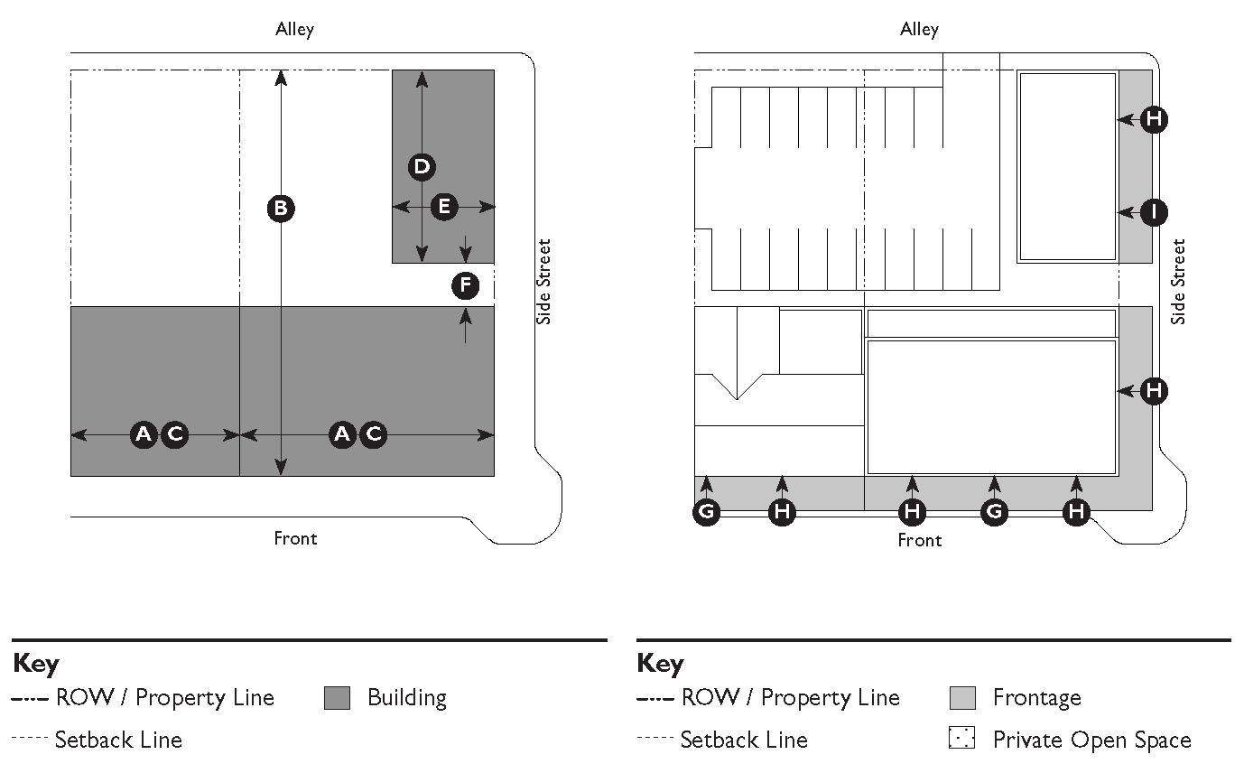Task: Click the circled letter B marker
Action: tap(281, 209)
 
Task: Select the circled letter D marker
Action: tap(422, 166)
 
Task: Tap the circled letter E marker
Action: tap(443, 207)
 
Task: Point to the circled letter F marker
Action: tap(465, 286)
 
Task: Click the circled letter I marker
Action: tap(1153, 212)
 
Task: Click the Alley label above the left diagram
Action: tap(295, 30)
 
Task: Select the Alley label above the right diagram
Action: tap(919, 30)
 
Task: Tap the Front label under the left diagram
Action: tap(295, 538)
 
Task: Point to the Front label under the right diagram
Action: tap(919, 540)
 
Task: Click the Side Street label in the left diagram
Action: tap(543, 281)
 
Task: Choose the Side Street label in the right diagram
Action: tap(1178, 281)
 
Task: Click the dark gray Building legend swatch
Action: tap(337, 698)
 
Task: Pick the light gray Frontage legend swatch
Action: tap(962, 698)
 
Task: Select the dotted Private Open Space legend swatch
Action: tap(962, 739)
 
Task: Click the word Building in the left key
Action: tap(406, 698)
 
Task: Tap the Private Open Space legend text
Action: tap(1091, 740)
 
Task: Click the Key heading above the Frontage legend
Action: tap(660, 664)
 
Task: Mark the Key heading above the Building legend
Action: tap(36, 664)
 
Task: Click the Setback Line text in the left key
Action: tap(118, 740)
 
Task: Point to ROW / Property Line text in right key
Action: tap(790, 698)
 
